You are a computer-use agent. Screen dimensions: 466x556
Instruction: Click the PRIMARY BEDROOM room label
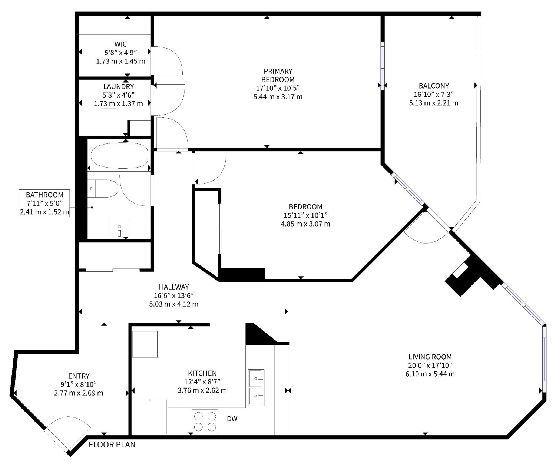(x=278, y=75)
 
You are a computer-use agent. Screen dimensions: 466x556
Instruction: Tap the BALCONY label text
(x=434, y=86)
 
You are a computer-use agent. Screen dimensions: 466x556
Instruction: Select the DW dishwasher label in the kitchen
(x=232, y=419)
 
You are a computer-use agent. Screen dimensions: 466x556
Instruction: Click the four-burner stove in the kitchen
(x=205, y=422)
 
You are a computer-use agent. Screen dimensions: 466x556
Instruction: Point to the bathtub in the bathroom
(x=119, y=156)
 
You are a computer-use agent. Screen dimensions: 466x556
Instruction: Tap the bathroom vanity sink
(x=119, y=227)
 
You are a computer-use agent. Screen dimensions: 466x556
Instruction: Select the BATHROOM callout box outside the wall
(x=44, y=203)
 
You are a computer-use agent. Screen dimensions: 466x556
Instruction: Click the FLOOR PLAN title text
(x=112, y=444)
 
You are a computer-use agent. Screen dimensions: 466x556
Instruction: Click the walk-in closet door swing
(x=169, y=60)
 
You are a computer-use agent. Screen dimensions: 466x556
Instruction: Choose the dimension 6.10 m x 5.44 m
(x=430, y=374)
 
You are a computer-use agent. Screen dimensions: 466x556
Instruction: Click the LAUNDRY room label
(x=119, y=87)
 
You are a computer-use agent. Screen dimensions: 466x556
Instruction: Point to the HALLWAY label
(x=174, y=287)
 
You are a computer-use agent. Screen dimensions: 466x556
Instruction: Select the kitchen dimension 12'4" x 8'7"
(x=202, y=382)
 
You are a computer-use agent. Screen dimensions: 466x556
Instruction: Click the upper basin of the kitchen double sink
(x=256, y=378)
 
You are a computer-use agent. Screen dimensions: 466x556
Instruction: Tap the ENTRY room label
(x=79, y=376)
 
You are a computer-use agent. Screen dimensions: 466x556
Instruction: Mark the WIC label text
(x=120, y=44)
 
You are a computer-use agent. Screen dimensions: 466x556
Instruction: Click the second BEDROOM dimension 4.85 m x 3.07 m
(x=305, y=224)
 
